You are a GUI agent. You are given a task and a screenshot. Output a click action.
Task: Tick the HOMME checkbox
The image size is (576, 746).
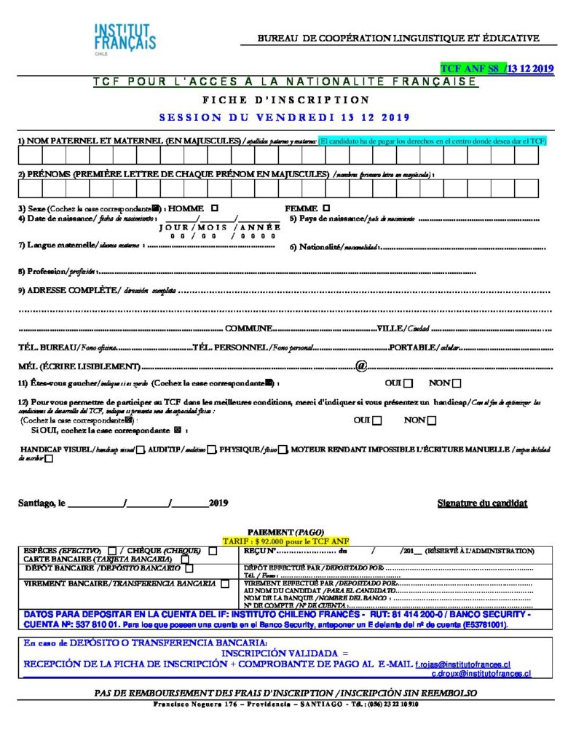coord(214,208)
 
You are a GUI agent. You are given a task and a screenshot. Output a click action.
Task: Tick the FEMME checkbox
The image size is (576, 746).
coord(326,208)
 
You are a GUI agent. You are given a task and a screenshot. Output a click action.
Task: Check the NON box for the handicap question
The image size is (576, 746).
coord(432,420)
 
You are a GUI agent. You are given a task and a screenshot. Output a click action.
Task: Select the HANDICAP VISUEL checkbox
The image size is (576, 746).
coord(141,449)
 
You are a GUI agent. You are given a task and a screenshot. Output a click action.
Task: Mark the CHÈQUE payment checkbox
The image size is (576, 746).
coord(213,551)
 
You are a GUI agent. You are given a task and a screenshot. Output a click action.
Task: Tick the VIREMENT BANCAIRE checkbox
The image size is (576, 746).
coord(225,584)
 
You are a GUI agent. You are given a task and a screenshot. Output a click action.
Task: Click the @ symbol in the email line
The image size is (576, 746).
coord(360,365)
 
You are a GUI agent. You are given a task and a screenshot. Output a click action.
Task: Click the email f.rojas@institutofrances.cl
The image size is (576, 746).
coord(462,664)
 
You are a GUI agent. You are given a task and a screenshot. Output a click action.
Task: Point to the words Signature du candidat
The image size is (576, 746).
coord(482,503)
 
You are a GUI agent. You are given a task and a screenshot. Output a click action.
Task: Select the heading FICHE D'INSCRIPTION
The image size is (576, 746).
coord(286,100)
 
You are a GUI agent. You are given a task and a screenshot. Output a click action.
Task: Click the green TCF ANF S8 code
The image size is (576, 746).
coord(470,69)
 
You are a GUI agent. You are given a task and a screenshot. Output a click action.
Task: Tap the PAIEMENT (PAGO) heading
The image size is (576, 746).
coord(286,533)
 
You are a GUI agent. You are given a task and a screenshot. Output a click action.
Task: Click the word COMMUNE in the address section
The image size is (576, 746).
coord(248,329)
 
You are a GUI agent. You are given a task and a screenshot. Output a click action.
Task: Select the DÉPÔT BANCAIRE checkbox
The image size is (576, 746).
coord(187,568)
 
